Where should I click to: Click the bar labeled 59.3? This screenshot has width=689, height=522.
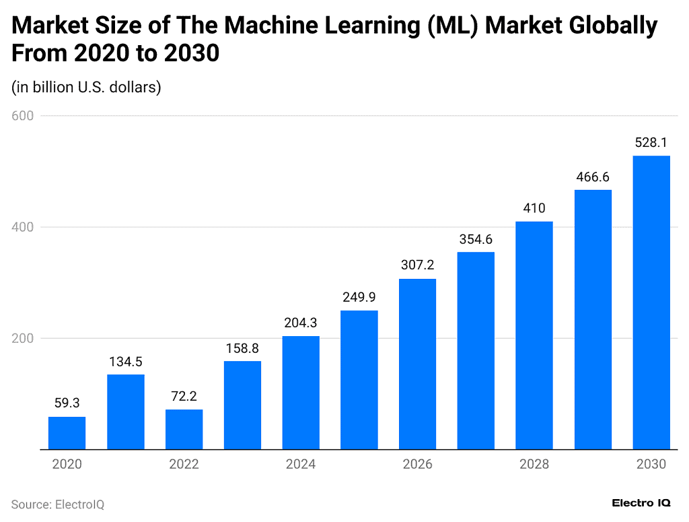tap(67, 432)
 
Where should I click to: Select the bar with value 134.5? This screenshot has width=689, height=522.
tap(125, 412)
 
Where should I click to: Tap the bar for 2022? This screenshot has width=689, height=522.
tap(184, 429)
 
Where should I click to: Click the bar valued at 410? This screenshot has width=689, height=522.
tap(534, 335)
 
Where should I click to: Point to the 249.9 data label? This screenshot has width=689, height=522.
tap(359, 298)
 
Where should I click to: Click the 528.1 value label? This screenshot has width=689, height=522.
tap(651, 143)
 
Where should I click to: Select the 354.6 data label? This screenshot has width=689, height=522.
tap(476, 239)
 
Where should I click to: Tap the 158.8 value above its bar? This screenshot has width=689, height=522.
tap(242, 348)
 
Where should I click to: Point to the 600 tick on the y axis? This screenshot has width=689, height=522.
tap(23, 116)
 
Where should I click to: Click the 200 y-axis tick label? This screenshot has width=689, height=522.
tap(23, 338)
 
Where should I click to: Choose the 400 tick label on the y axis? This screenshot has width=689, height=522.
tap(23, 227)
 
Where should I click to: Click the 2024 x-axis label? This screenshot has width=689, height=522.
tap(300, 465)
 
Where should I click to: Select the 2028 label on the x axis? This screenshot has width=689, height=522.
tap(534, 465)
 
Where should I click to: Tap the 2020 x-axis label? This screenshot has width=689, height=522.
tap(67, 465)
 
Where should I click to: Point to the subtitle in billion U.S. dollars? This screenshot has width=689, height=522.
tap(86, 88)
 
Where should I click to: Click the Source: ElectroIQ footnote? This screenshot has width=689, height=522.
tap(58, 504)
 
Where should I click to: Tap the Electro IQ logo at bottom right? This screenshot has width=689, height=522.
tap(641, 502)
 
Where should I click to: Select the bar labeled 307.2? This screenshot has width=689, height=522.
tap(417, 364)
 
